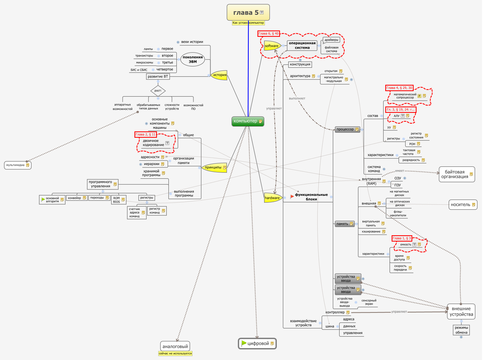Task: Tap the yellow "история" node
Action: (220, 75)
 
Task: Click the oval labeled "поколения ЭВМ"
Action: (193, 59)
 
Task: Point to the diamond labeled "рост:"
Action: (158, 91)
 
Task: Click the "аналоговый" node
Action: (175, 346)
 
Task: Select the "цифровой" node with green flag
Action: (257, 344)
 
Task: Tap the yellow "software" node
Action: (272, 46)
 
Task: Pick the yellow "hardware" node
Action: (272, 198)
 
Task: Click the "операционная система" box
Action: (302, 45)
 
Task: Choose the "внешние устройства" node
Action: (461, 312)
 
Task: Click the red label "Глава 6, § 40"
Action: (269, 34)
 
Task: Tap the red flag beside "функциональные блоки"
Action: (292, 196)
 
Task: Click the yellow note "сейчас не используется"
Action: (175, 353)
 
